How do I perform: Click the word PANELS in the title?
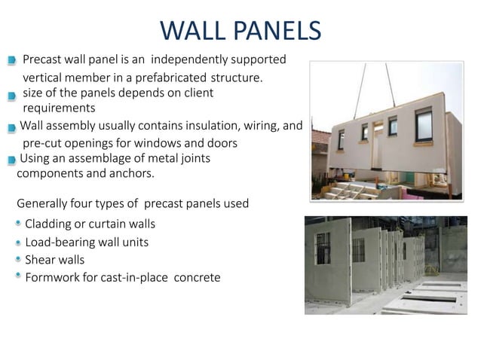[278, 29]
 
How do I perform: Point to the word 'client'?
[198, 93]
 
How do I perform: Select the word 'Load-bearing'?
[61, 242]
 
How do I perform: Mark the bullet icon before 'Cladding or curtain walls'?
[17, 223]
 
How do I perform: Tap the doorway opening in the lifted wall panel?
[377, 135]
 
